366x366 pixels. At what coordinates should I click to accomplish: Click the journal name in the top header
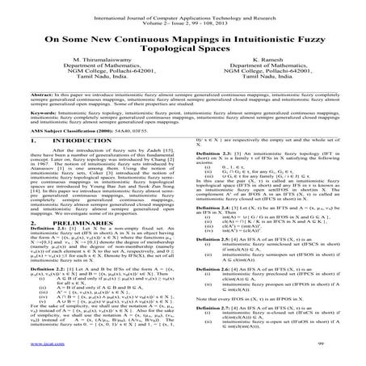tap(182, 6)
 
